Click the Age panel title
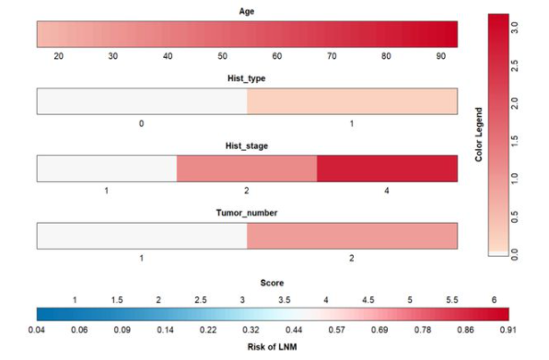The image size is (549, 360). tap(247, 12)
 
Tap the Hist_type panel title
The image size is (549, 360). tap(247, 79)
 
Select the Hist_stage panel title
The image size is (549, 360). tap(247, 146)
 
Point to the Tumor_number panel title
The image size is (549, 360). tap(247, 213)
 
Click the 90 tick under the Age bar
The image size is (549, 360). tap(441, 56)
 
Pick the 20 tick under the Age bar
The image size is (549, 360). tap(59, 56)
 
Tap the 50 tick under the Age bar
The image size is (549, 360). tap(222, 56)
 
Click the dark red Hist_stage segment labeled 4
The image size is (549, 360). tap(387, 168)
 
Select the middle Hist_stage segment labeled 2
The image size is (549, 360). tap(247, 168)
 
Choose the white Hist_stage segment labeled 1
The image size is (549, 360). tap(106, 168)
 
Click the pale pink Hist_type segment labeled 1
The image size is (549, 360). tap(352, 101)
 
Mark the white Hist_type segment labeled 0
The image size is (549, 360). tap(141, 101)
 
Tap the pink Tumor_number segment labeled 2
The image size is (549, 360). tap(352, 236)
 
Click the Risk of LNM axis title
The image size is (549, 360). tap(274, 344)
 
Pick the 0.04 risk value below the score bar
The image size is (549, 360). tap(37, 329)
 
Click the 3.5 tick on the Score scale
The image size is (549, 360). tap(284, 300)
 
